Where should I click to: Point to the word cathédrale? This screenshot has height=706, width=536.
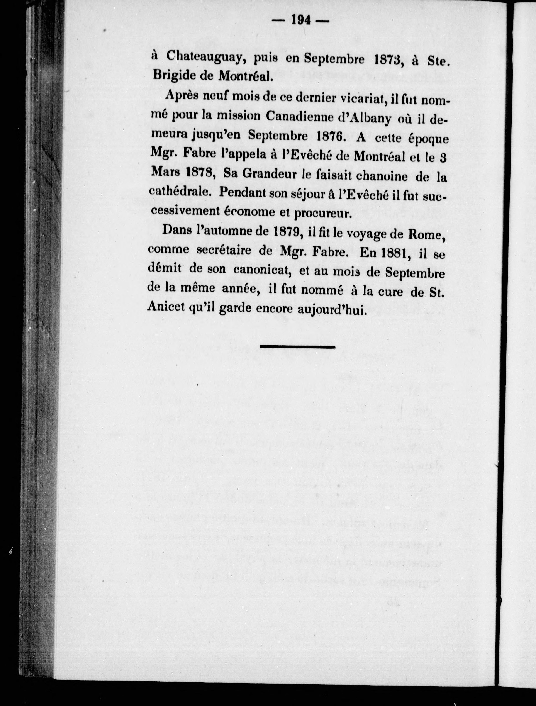pyautogui.click(x=180, y=192)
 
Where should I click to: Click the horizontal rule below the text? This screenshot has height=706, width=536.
pyautogui.click(x=298, y=347)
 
